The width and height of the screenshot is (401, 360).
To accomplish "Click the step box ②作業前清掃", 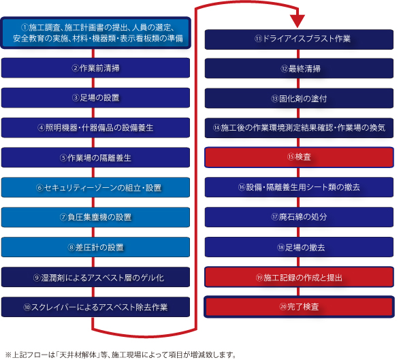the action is click(x=95, y=68).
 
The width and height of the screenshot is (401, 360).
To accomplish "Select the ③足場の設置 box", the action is click(x=95, y=98).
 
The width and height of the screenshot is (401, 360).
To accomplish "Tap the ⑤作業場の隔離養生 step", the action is click(x=95, y=157).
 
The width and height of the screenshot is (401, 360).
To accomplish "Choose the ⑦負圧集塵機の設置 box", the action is click(x=95, y=217).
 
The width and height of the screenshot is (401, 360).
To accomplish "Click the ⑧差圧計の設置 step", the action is click(x=95, y=247).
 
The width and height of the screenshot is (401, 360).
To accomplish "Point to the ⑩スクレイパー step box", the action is click(x=95, y=307).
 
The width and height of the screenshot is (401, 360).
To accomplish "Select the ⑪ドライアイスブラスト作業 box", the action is click(x=299, y=39).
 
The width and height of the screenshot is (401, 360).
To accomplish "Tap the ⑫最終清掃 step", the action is click(x=299, y=69).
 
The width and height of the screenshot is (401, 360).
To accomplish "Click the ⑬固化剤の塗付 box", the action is click(x=299, y=99).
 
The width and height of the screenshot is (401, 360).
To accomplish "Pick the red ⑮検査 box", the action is click(x=299, y=157).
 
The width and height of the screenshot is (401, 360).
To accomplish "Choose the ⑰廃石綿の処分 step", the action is click(x=299, y=217).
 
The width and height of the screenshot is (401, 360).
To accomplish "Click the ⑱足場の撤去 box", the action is click(x=299, y=247).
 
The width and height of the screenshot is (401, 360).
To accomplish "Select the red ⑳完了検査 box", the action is click(x=299, y=307).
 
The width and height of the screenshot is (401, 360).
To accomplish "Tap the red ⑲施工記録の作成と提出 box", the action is click(x=299, y=277).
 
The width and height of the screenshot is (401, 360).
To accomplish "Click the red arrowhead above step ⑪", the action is click(x=298, y=20).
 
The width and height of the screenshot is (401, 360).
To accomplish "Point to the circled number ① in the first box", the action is click(x=25, y=27).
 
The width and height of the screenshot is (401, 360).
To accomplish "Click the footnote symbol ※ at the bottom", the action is click(x=8, y=355).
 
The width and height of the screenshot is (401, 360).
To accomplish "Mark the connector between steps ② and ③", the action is click(x=93, y=83).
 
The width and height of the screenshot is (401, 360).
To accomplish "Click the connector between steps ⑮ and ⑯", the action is click(x=298, y=173).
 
